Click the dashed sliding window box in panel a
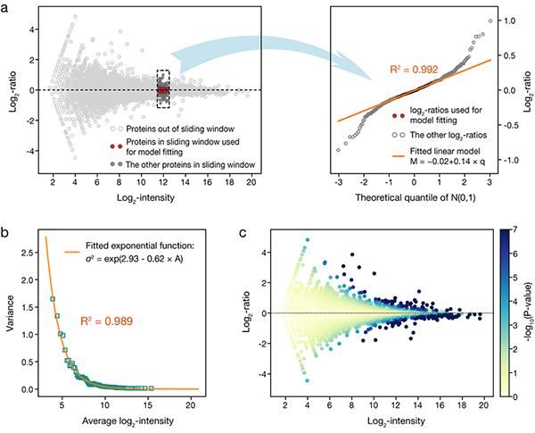[x=163, y=88]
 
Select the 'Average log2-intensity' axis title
[x=114, y=421]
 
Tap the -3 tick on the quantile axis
[x=339, y=182]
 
